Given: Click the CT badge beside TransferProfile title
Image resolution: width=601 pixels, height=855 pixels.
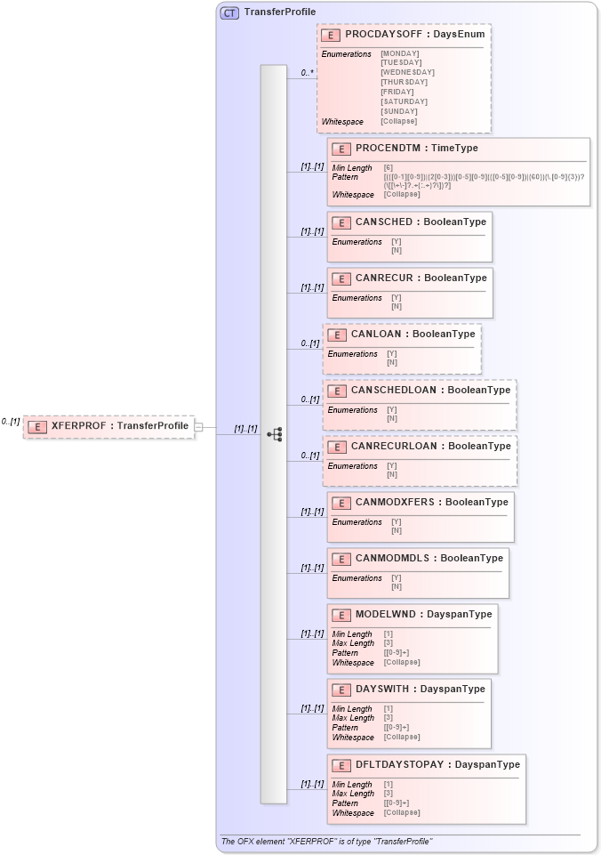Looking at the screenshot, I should (229, 12).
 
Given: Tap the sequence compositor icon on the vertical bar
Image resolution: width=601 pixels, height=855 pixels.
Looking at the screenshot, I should (275, 434).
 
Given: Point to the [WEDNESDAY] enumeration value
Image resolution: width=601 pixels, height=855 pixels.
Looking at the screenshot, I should (407, 72).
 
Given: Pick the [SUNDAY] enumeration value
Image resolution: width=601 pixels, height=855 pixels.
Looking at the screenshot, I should (398, 111).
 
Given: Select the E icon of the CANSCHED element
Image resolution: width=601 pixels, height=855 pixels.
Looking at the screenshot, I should (341, 222).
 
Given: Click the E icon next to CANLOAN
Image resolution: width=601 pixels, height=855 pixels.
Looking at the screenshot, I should (336, 335).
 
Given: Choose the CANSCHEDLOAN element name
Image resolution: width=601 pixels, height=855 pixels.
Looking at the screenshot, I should (396, 390).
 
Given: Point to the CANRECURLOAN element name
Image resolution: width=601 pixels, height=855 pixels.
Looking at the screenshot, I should (396, 446).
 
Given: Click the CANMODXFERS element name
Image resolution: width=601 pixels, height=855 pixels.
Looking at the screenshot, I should (397, 502).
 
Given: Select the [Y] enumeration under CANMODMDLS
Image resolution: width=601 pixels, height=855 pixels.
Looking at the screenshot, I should (397, 577).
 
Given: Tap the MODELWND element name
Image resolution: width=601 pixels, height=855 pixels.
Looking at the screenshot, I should (387, 614).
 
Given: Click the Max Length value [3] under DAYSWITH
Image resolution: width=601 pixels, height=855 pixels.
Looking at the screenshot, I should (389, 718).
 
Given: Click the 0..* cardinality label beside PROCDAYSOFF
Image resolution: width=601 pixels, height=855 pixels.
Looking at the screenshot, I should (308, 73).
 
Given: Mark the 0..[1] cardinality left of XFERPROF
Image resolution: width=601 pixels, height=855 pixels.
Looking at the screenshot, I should (11, 422).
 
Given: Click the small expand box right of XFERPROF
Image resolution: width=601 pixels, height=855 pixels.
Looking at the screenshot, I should (198, 427).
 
